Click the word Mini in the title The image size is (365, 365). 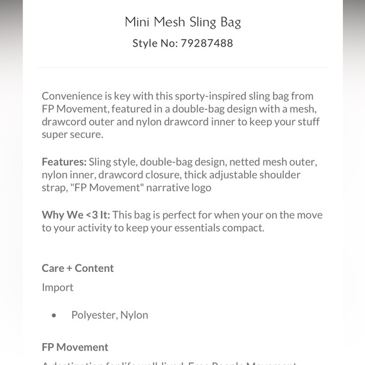[x=137, y=22]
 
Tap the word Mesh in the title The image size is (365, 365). [x=169, y=22]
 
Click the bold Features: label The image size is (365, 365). [x=64, y=162]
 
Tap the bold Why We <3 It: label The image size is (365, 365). [x=76, y=215]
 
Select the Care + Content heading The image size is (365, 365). [x=77, y=268]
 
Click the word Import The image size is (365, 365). [x=57, y=287]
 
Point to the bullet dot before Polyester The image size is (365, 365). [x=54, y=315]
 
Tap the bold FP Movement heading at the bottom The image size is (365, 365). [x=75, y=347]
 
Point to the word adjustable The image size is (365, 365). [x=216, y=175]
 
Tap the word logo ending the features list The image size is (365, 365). [x=201, y=188]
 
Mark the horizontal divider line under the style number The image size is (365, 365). [x=182, y=67]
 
